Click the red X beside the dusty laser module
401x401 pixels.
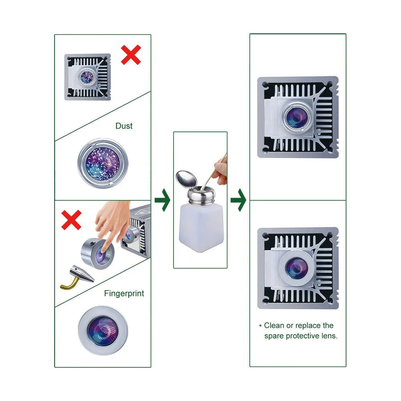[131, 55]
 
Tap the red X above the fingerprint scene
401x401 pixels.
[71, 220]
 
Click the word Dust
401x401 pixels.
[124, 126]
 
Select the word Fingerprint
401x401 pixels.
[124, 294]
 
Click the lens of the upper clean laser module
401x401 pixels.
[297, 115]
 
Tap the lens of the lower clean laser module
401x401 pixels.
[297, 268]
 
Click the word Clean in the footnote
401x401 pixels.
[274, 326]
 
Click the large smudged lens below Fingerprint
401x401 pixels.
[103, 331]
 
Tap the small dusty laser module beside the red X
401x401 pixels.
[87, 77]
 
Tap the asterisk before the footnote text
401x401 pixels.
[260, 326]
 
